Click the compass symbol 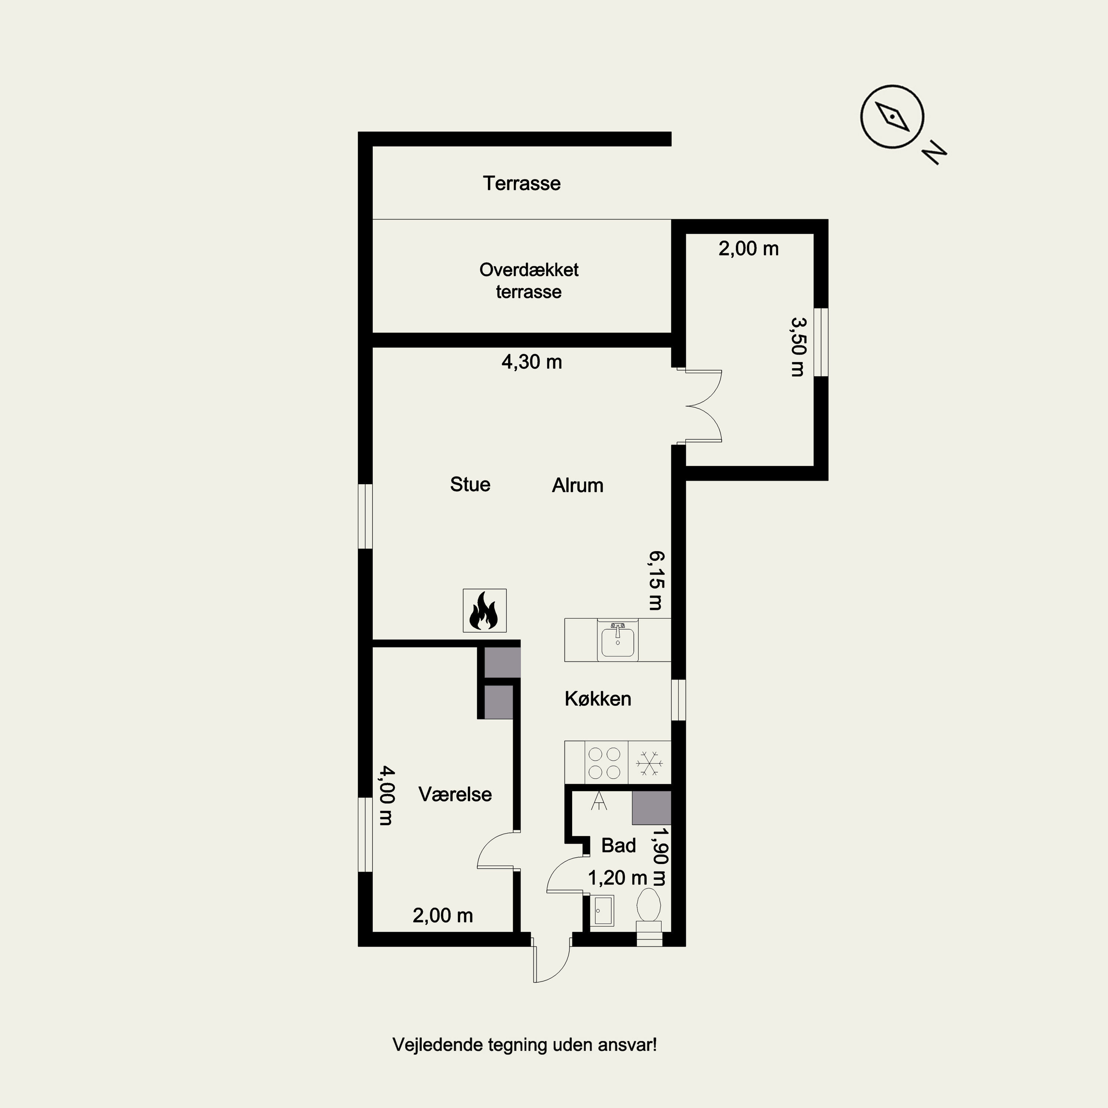click(x=892, y=117)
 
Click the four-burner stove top click(x=606, y=763)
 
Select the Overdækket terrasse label click(x=529, y=280)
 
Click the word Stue click(x=470, y=485)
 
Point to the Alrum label click(x=578, y=486)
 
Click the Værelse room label click(x=455, y=794)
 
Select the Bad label click(x=618, y=845)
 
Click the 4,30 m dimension click(x=531, y=362)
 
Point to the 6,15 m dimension click(x=657, y=580)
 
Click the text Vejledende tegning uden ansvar click(x=524, y=1045)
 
